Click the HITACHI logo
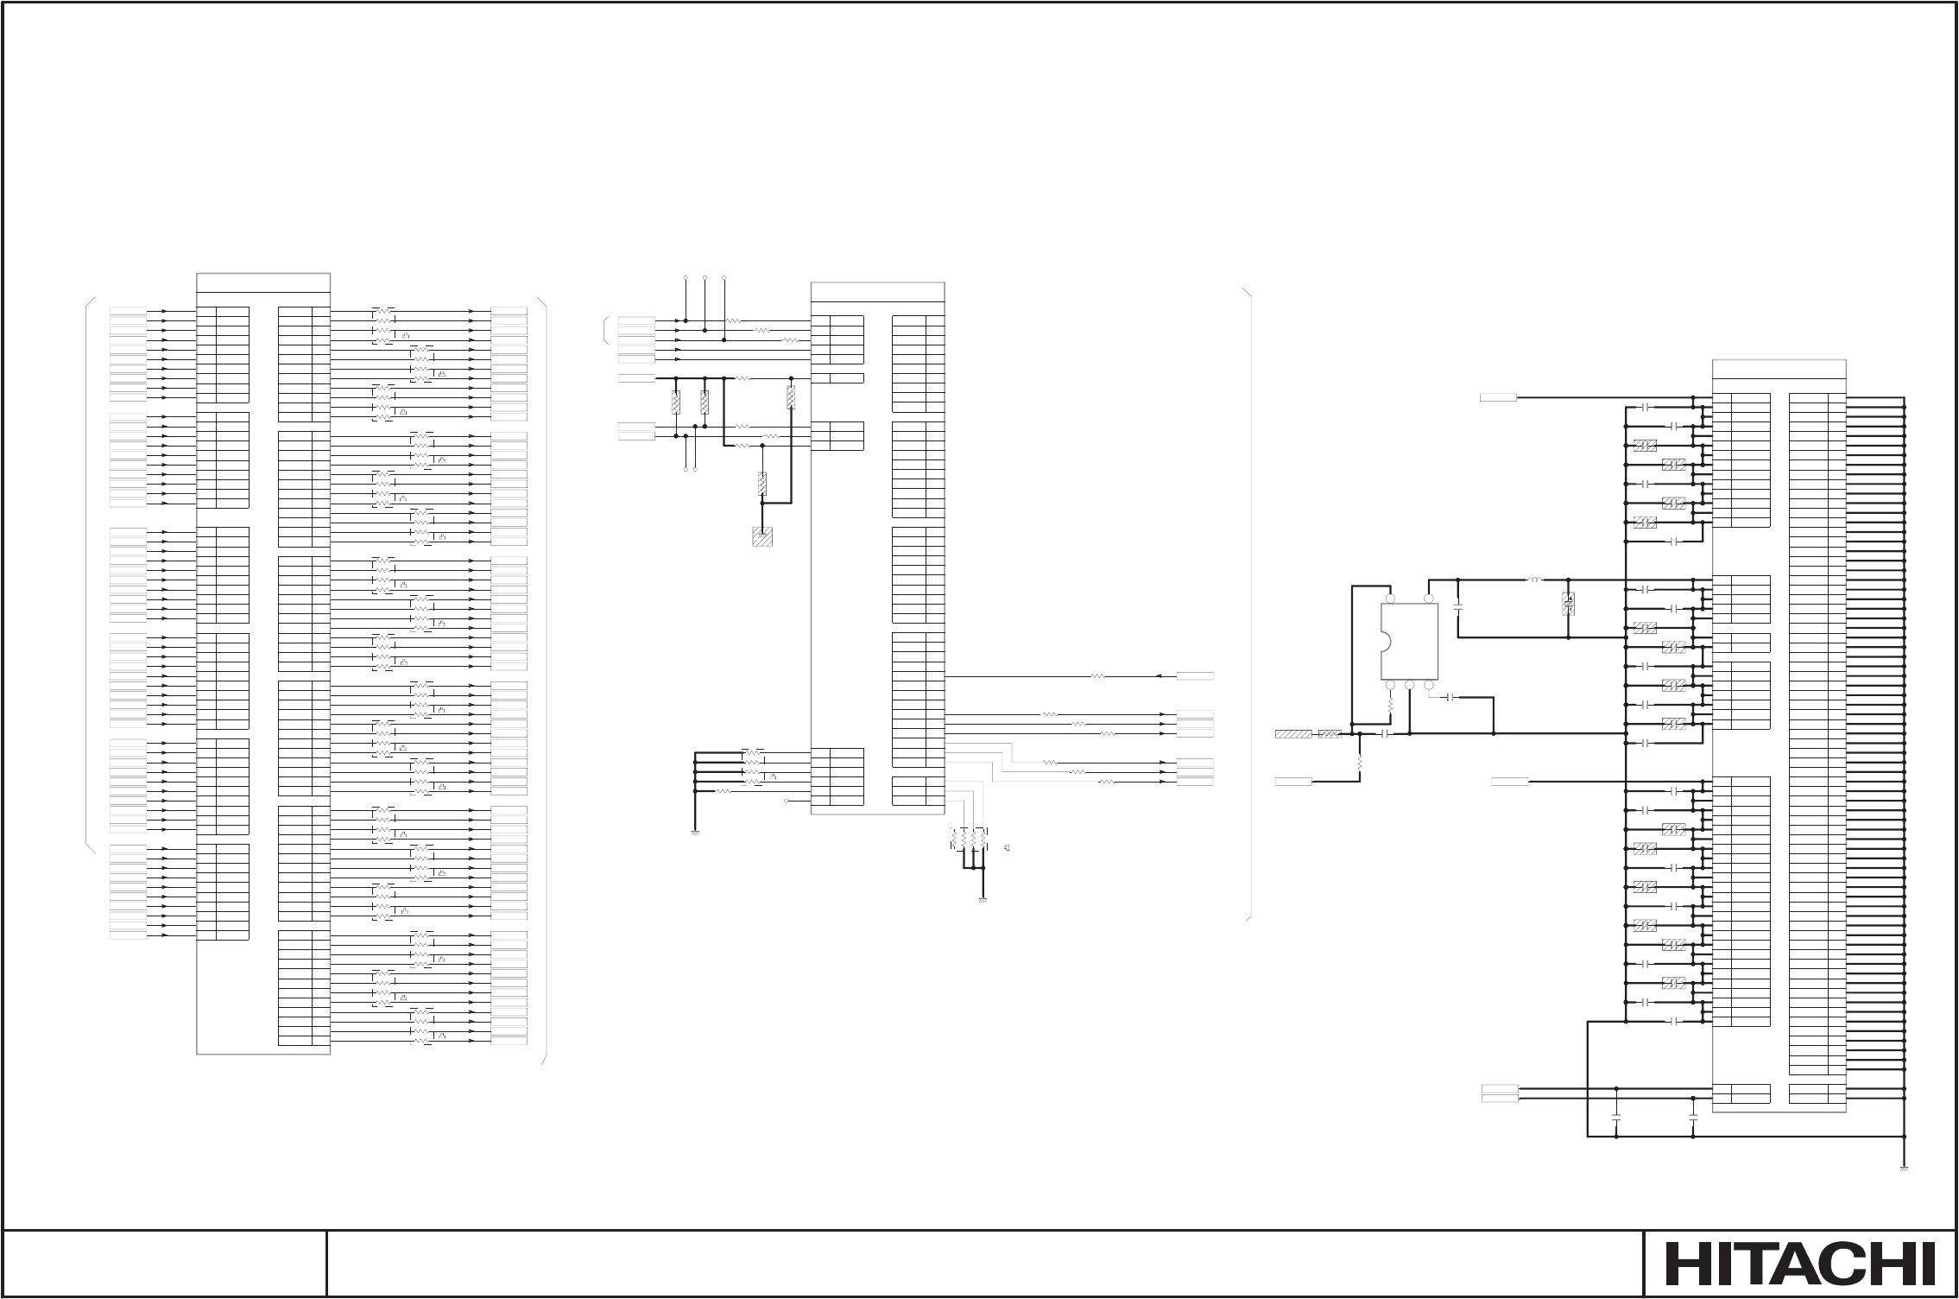click(1800, 1264)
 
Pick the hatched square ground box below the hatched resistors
click(761, 536)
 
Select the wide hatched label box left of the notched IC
click(1292, 734)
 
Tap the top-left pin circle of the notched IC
click(1390, 598)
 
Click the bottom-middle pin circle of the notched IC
click(1409, 685)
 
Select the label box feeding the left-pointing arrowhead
click(1196, 676)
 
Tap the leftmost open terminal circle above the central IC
click(686, 279)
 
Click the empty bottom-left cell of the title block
click(164, 1264)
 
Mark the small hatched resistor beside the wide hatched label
click(1330, 734)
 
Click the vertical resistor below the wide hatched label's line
click(1360, 764)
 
